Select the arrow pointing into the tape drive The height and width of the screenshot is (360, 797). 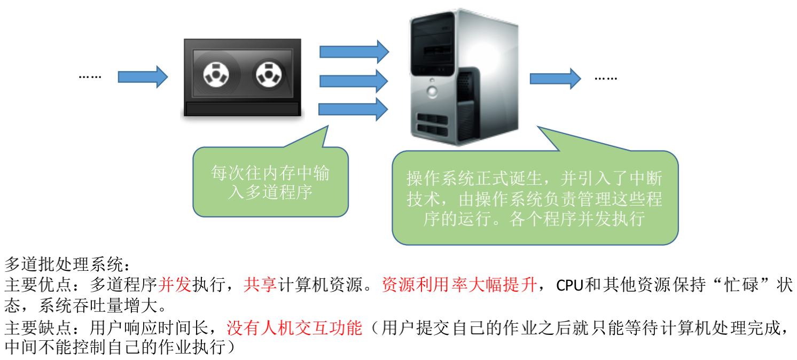click(142, 77)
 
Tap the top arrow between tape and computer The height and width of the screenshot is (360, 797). click(353, 51)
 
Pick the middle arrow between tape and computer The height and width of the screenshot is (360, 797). click(353, 81)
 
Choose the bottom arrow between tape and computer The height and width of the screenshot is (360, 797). click(353, 109)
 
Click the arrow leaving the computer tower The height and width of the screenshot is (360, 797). click(554, 79)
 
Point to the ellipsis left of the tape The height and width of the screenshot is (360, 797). click(90, 77)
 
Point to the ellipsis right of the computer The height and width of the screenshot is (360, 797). click(606, 79)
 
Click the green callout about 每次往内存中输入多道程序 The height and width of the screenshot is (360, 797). click(270, 182)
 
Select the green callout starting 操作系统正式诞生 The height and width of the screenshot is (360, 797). click(534, 198)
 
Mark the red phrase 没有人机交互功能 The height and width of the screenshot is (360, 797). click(294, 327)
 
